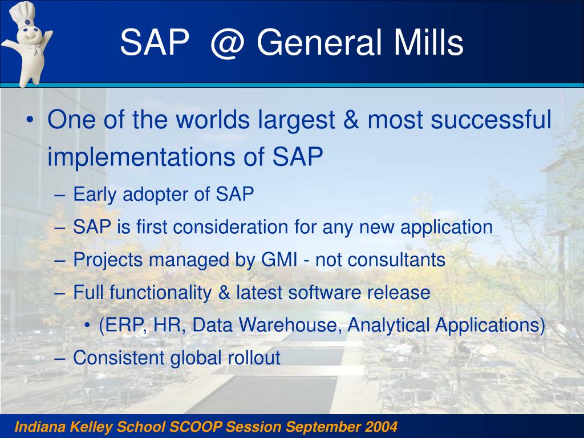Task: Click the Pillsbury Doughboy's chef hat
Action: [x=22, y=14]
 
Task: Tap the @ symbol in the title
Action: [x=228, y=43]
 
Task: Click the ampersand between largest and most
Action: [x=351, y=120]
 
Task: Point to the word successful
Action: [x=491, y=119]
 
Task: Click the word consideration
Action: [x=230, y=227]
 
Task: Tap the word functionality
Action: [x=160, y=293]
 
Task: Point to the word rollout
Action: [x=254, y=358]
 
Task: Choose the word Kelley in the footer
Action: [x=92, y=427]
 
